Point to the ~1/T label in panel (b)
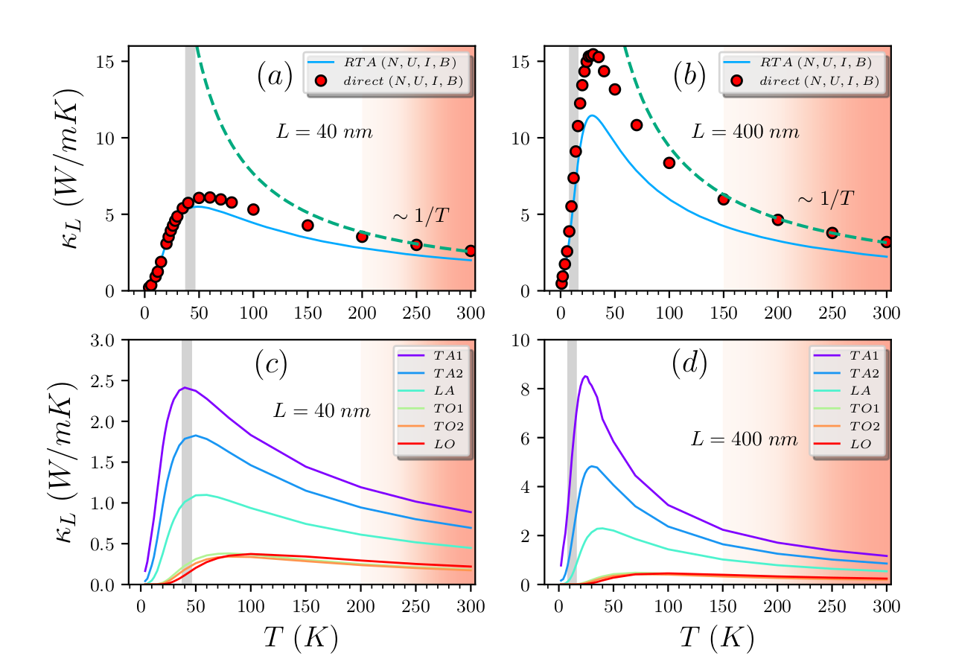click(825, 198)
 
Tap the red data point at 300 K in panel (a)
click(471, 251)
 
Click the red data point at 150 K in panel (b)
click(723, 199)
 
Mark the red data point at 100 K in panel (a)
click(253, 210)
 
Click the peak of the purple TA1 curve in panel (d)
click(585, 377)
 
